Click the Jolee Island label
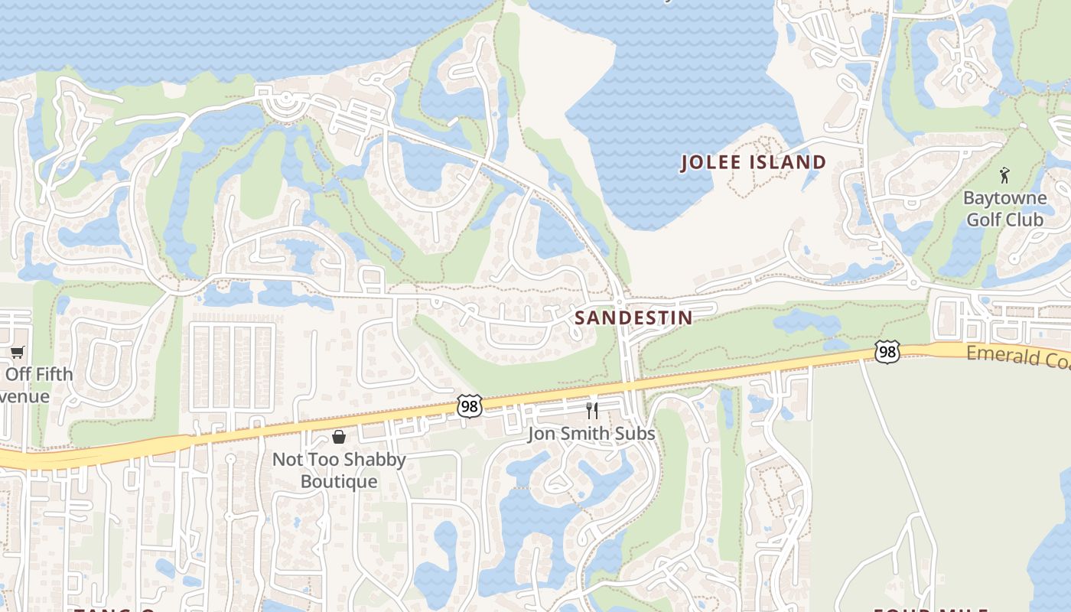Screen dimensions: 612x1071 coord(754,162)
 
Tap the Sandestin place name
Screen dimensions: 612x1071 coord(633,317)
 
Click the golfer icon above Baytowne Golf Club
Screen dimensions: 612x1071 coord(1004,175)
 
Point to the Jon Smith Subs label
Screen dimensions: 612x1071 coord(591,434)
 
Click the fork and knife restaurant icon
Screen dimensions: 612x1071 coord(591,411)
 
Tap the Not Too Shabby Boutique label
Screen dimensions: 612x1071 coord(339,470)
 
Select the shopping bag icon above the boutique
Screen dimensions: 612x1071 coord(339,437)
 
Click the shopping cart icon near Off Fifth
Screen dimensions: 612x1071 coord(17,352)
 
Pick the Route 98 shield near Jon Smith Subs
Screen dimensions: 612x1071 coord(470,406)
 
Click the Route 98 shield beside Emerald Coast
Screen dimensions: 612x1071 coord(887,352)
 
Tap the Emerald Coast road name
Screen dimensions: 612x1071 coord(1017,356)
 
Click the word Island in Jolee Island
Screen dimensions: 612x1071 coord(788,162)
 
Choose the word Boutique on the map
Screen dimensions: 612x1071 coord(339,482)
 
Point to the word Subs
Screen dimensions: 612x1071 coord(636,434)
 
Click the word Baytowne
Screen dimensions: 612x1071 coord(1004,198)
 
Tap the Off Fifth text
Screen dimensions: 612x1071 coord(39,374)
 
